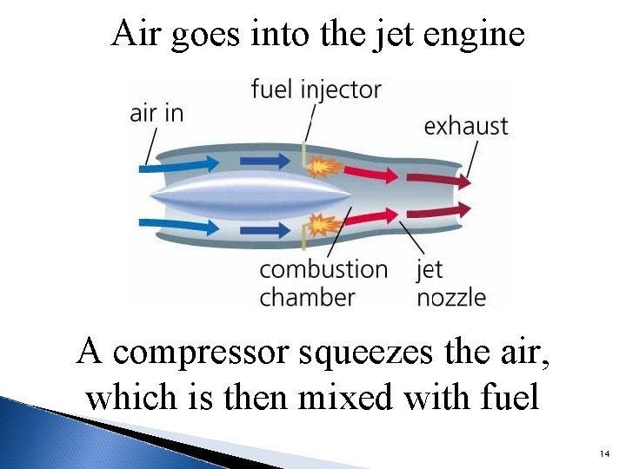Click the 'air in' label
(156, 114)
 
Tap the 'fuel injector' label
(316, 89)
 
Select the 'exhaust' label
(465, 126)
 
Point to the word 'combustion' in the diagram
(323, 269)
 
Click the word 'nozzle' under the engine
(451, 297)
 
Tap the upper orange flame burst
(323, 164)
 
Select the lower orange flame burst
(323, 226)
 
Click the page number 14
(605, 454)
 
